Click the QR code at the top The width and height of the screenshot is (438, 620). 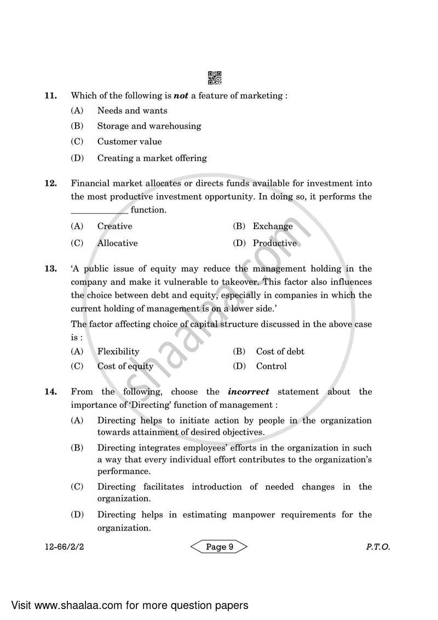point(215,78)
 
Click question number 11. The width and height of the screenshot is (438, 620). point(50,95)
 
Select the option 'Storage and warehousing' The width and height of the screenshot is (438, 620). point(149,126)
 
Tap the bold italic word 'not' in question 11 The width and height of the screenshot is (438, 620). point(181,95)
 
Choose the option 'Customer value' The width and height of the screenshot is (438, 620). point(129,142)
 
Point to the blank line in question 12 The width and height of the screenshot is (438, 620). point(99,211)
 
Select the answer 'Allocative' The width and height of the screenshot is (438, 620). point(117,243)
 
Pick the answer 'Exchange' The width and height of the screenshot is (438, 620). point(272,226)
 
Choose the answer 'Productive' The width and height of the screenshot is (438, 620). point(274,243)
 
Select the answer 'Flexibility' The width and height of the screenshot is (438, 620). point(118,351)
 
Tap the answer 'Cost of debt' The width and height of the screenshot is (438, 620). point(280,351)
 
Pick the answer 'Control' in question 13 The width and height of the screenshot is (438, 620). point(271,366)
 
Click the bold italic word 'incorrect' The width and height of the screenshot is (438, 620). point(249,392)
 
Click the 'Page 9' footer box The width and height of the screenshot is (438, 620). point(219,547)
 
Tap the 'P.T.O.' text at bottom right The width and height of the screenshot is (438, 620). point(378,547)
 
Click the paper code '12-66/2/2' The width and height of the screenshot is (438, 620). point(63,547)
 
